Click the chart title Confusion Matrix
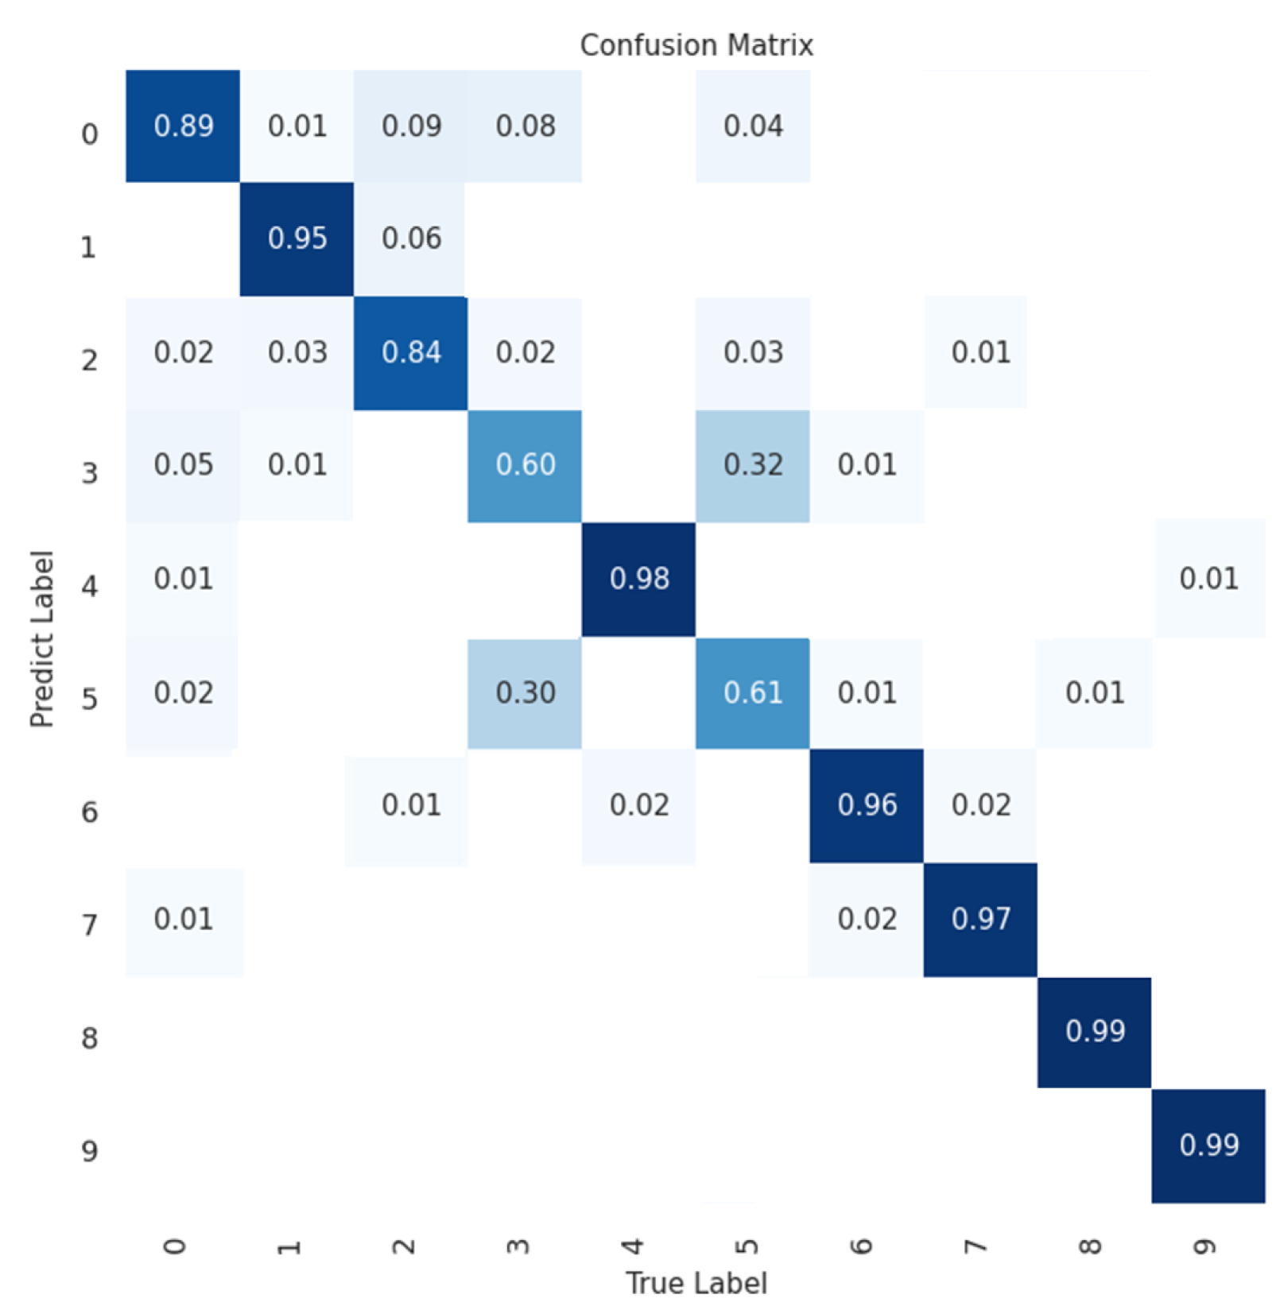(696, 45)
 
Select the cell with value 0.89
(183, 126)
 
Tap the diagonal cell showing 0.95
(297, 238)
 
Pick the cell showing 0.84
(410, 352)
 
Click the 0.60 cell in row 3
(525, 465)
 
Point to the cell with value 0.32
(752, 465)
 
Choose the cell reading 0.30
(525, 692)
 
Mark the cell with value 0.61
(752, 692)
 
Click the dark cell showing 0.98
(638, 579)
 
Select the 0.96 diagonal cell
(867, 805)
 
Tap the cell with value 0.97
(980, 919)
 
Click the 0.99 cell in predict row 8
(1094, 1032)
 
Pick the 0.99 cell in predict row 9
(1208, 1145)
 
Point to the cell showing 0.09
(410, 126)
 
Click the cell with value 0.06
(410, 238)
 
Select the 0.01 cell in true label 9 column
(1208, 579)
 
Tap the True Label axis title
(696, 1282)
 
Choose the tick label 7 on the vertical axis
(89, 924)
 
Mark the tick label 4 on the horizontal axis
(633, 1246)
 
